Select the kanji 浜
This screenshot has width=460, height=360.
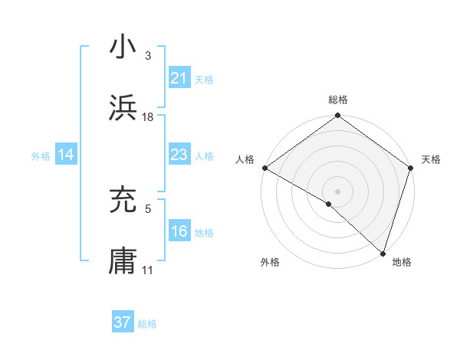123,108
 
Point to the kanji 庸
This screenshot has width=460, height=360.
123,260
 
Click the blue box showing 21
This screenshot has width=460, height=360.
179,77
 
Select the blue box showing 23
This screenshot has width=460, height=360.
179,155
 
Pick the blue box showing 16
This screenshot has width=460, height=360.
179,231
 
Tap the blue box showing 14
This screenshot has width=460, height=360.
66,155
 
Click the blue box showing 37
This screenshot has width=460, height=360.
123,322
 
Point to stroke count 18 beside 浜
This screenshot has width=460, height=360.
148,116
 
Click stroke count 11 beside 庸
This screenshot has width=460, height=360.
148,270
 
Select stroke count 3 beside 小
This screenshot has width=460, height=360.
148,56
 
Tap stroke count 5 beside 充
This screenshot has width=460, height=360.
148,208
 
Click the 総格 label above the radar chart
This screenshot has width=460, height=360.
338,100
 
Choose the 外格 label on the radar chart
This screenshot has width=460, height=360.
270,262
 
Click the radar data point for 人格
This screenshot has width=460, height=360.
264,168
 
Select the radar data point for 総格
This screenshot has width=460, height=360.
337,116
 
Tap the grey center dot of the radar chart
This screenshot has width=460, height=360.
337,191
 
